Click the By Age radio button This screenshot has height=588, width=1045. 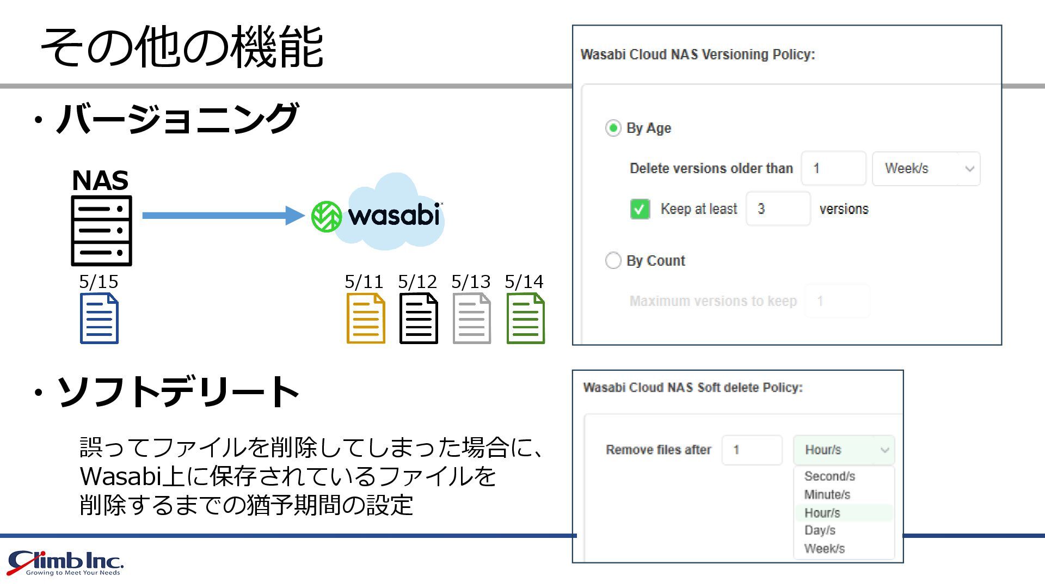click(613, 128)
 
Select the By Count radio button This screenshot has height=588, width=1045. click(613, 261)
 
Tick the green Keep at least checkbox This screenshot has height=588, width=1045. click(640, 209)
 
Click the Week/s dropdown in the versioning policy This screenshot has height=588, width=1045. click(926, 169)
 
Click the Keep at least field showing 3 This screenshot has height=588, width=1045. click(778, 209)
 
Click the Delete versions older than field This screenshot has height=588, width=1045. click(833, 169)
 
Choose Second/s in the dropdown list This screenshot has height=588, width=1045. click(829, 476)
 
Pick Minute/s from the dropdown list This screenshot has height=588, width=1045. click(827, 495)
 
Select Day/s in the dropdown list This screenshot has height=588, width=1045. click(820, 531)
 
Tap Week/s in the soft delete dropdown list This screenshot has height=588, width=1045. click(824, 549)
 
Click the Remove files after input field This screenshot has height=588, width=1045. click(752, 450)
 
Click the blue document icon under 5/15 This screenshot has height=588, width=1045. click(99, 318)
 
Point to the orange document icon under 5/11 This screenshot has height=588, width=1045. click(366, 318)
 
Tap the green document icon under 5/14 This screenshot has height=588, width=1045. click(525, 318)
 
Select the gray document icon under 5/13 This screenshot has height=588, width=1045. click(472, 318)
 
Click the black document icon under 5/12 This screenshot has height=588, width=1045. click(419, 318)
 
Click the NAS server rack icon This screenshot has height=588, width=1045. click(102, 231)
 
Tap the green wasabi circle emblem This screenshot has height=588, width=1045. click(327, 216)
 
